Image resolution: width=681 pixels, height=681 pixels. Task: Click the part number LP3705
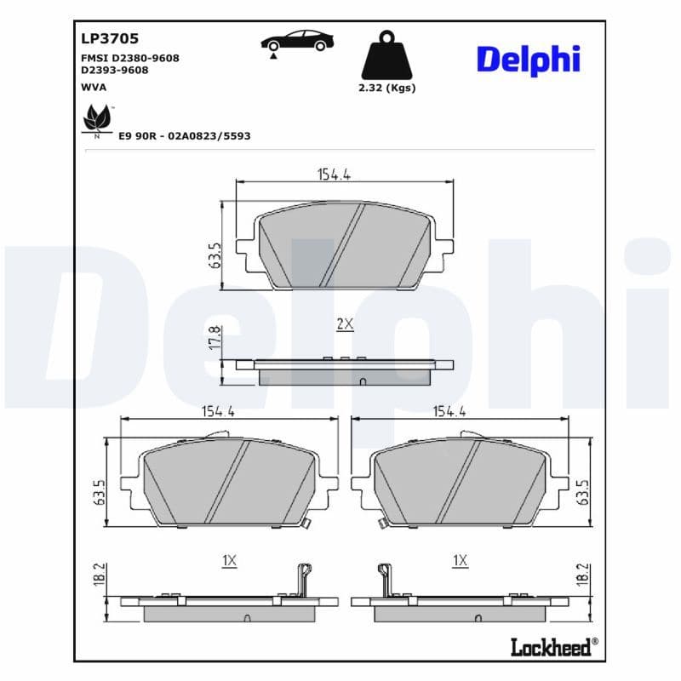(110, 38)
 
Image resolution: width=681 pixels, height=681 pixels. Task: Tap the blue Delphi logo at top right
(528, 60)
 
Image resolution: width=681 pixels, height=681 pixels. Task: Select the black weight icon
(387, 56)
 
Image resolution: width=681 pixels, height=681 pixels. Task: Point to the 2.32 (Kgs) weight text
(387, 88)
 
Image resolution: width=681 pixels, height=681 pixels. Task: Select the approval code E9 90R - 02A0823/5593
(184, 135)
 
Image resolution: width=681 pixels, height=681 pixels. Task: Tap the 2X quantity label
(345, 324)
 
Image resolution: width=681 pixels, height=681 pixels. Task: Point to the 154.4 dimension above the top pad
(335, 174)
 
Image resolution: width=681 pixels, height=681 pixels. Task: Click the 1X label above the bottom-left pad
(228, 560)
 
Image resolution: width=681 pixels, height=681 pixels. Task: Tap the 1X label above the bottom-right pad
(461, 560)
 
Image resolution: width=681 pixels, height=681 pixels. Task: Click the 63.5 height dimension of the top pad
(215, 256)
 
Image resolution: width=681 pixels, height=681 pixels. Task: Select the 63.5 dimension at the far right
(583, 491)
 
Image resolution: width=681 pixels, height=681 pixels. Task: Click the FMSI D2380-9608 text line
(129, 58)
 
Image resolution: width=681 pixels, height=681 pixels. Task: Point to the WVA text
(93, 87)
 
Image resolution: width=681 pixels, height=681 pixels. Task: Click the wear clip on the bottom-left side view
(299, 579)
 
